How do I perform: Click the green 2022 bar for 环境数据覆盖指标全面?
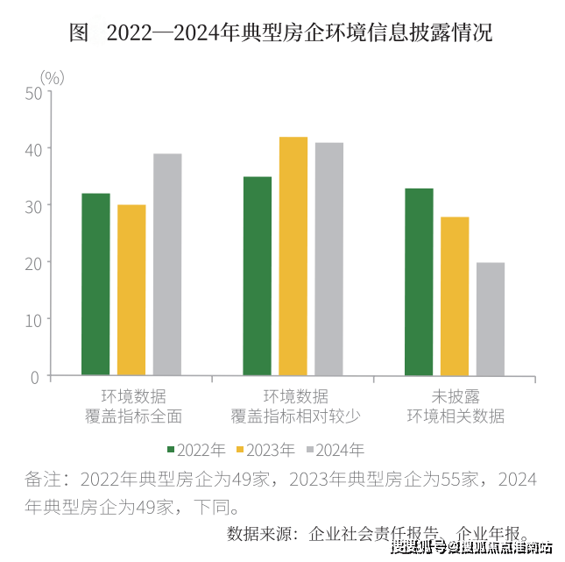pos(95,285)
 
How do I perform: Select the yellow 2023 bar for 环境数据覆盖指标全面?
pos(131,290)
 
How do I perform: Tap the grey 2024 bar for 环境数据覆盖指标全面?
pos(167,265)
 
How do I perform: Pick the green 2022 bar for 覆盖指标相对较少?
pos(258,276)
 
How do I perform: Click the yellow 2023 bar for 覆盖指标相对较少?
pos(293,257)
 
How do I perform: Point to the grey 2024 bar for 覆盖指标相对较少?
pos(329,260)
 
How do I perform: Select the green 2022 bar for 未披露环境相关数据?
pos(419,282)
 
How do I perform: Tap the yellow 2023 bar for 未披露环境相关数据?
pos(455,296)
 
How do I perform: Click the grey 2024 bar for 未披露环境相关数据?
pos(491,319)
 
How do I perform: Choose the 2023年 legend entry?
pos(268,451)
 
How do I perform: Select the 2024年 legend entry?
pos(336,451)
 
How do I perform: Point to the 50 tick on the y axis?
pos(33,92)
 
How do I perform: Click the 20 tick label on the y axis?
pos(33,263)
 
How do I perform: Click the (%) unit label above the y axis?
pos(53,77)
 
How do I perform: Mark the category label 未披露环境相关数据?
pos(455,406)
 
